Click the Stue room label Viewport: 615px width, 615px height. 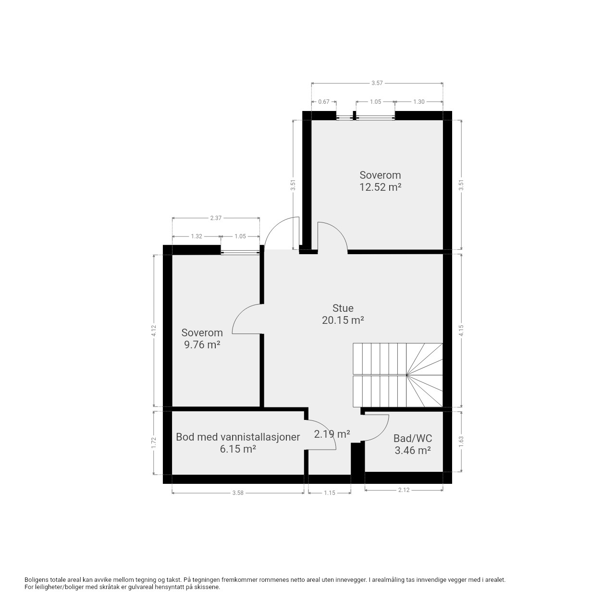(343, 308)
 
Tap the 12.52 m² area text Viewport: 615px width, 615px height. (380, 187)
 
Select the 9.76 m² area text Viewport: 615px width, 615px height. (202, 344)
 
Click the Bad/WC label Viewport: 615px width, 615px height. (413, 438)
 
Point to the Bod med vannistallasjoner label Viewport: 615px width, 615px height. (238, 437)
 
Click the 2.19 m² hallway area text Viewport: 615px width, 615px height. (332, 434)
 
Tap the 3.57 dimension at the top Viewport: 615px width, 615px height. (377, 83)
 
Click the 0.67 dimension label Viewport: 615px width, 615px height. (324, 102)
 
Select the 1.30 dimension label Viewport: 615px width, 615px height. (418, 102)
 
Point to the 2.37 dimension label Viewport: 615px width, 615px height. (216, 218)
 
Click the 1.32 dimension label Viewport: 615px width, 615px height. (197, 236)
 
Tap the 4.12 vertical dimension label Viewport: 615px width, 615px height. (154, 331)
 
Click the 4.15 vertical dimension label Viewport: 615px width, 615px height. (461, 331)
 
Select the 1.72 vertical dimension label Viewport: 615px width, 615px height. (154, 443)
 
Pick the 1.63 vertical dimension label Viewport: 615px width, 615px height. (461, 442)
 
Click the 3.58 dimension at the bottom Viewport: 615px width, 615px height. (238, 493)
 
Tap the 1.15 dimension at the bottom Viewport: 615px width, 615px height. (330, 493)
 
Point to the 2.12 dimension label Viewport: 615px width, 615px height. (404, 490)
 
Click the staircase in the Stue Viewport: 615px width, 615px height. (398, 375)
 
